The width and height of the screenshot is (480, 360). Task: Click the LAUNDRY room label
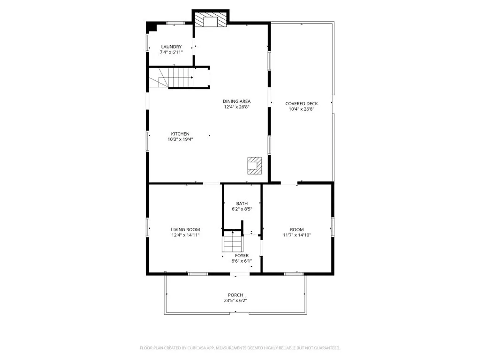click(171, 47)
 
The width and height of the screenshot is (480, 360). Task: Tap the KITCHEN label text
click(180, 134)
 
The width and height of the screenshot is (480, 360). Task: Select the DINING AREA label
click(237, 101)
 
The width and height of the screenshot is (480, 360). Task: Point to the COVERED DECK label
click(301, 104)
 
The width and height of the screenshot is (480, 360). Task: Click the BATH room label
click(242, 203)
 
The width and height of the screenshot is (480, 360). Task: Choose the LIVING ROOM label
click(185, 230)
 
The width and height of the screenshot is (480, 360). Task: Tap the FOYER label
click(242, 256)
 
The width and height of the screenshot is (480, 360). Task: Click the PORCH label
click(235, 295)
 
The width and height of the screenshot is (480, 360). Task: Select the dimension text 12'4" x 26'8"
click(237, 107)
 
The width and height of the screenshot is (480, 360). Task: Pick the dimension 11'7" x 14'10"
click(297, 235)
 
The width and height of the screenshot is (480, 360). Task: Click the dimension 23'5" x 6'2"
click(235, 300)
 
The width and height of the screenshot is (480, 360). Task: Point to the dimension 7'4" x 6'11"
click(171, 52)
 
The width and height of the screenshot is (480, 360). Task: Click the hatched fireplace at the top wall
click(211, 19)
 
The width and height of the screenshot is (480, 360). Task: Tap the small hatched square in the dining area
click(255, 166)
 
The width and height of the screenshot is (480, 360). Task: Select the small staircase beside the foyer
click(232, 241)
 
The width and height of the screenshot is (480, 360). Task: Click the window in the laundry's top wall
click(176, 23)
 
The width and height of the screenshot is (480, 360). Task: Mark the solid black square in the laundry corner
click(152, 27)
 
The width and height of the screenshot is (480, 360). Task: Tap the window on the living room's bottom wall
click(198, 274)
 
